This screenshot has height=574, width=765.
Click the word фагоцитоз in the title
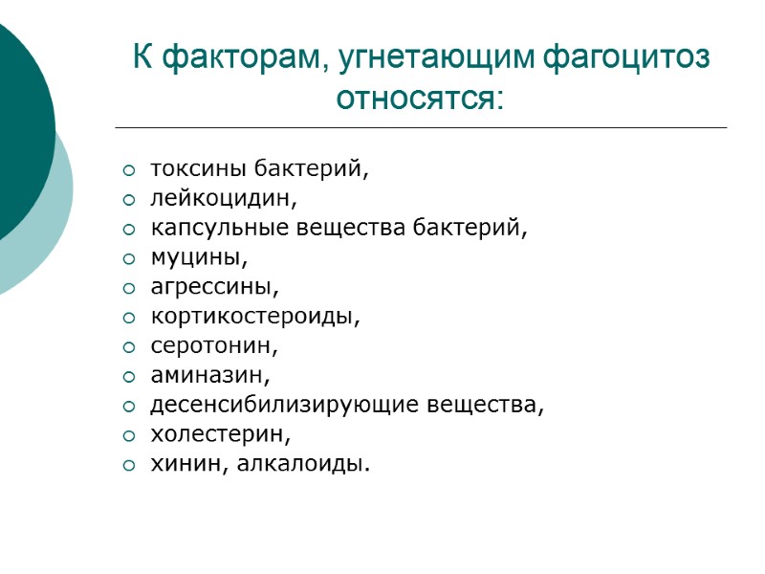pyautogui.click(x=626, y=59)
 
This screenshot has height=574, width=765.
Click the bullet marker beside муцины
pyautogui.click(x=129, y=258)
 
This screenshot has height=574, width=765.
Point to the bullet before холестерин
pyautogui.click(x=129, y=435)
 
